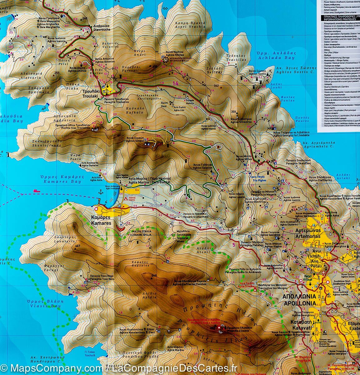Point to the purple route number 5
pyautogui.click(x=233, y=245)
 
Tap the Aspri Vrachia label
pyautogui.click(x=194, y=25)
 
